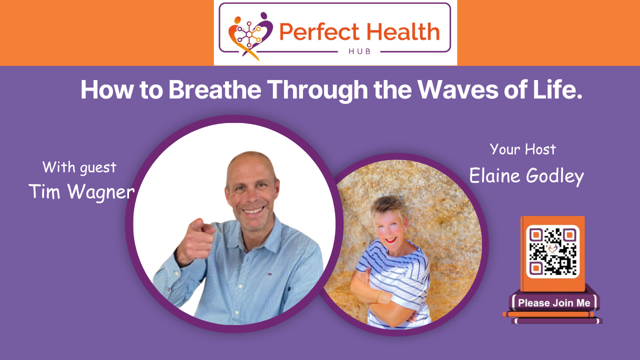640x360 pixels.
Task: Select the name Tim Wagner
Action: tap(81, 191)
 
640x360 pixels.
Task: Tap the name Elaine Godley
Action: tap(526, 176)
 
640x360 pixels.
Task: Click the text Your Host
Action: tap(522, 149)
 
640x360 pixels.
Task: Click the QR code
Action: tap(552, 251)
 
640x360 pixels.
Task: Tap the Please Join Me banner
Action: tap(554, 302)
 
